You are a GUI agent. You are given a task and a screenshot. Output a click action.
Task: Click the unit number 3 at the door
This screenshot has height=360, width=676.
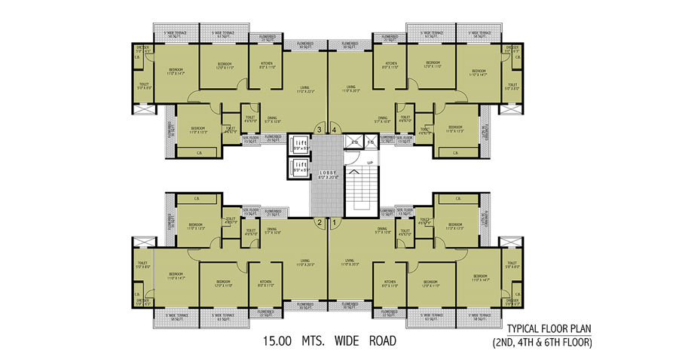[x=320, y=130]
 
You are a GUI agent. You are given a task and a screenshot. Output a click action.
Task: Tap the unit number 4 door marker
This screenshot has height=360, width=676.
[x=333, y=130]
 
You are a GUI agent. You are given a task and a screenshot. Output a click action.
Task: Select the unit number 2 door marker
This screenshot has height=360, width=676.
[x=320, y=222]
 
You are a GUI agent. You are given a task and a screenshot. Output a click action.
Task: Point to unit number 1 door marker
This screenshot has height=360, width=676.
[x=333, y=222]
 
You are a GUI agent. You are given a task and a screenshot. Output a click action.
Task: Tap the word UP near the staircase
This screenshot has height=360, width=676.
[x=369, y=162]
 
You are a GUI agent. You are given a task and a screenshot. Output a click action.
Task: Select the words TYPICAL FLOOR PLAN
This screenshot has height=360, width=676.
[x=549, y=328]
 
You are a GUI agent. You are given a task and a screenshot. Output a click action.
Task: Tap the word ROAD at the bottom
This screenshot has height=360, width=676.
[x=382, y=340]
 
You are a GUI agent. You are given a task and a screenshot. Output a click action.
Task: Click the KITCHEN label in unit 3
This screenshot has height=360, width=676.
[x=266, y=65]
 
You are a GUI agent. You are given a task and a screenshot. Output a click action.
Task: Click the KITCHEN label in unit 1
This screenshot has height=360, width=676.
[x=390, y=284]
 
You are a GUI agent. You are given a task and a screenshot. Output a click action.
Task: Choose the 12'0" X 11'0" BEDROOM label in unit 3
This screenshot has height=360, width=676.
[x=224, y=65]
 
